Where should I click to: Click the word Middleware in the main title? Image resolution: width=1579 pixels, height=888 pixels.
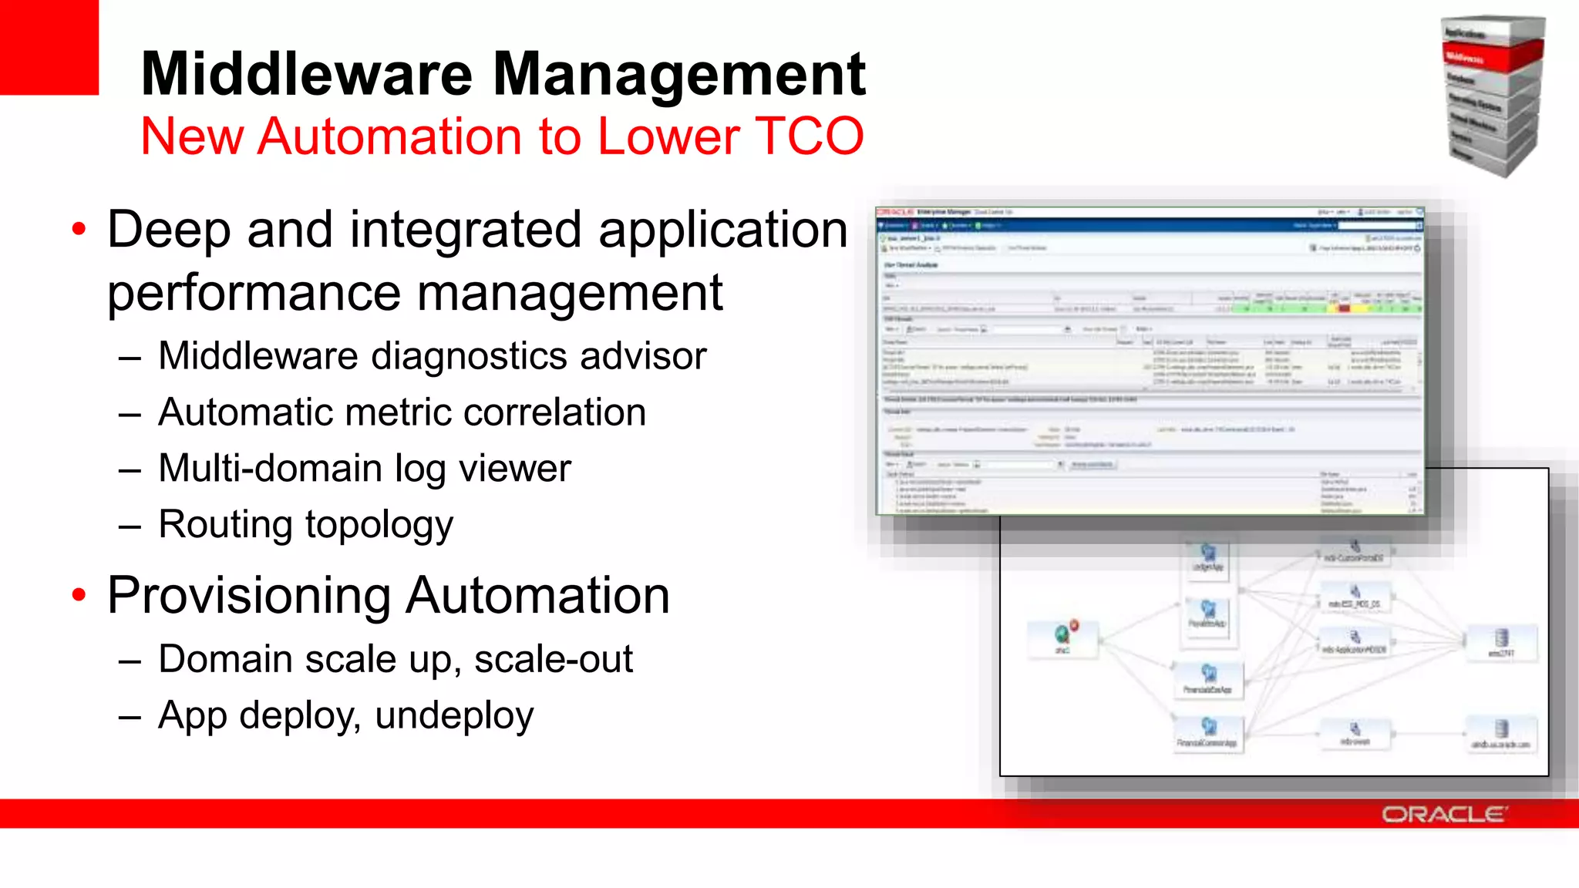[x=306, y=74]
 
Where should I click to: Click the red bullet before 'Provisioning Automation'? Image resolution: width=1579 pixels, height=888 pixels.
[x=79, y=594]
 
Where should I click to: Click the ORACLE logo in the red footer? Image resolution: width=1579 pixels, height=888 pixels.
[x=1443, y=814]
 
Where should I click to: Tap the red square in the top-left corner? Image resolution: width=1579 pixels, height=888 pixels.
[x=49, y=46]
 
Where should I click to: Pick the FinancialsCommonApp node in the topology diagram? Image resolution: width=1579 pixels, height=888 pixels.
[x=1207, y=732]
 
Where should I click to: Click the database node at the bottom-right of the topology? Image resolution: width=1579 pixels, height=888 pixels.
[x=1500, y=733]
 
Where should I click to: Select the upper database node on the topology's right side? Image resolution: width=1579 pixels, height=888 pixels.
[x=1500, y=641]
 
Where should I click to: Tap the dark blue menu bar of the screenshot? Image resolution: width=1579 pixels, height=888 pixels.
[x=1149, y=226]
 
